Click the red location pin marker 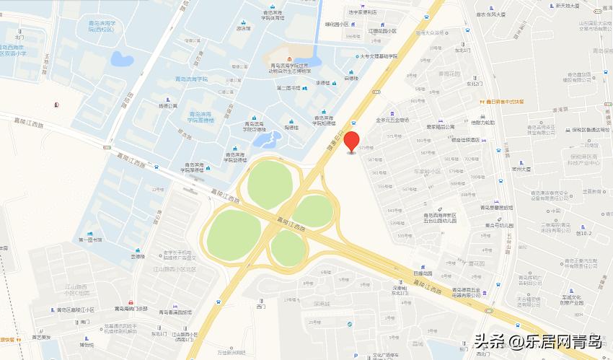(351, 141)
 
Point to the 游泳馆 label (243, 29)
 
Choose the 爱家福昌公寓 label (440, 127)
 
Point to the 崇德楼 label (137, 256)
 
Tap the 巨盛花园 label (423, 273)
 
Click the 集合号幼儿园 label (479, 225)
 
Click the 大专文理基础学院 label (379, 56)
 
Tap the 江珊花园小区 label (383, 31)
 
